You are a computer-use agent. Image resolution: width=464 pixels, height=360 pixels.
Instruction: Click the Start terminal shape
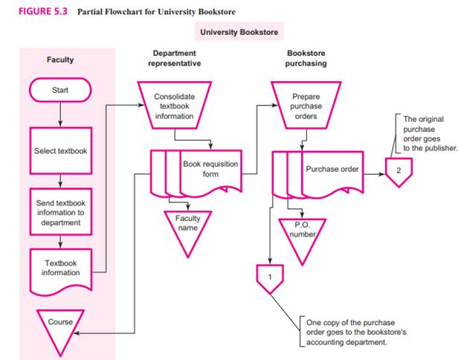click(60, 91)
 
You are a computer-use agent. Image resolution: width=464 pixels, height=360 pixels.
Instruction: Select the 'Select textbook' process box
click(60, 151)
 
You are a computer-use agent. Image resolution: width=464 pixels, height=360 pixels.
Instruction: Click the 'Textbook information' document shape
click(60, 267)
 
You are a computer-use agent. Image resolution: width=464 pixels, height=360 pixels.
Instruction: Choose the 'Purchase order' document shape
click(332, 170)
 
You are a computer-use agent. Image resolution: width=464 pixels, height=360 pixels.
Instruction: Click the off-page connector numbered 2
click(398, 172)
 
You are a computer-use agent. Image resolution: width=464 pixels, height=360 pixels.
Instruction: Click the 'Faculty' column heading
click(60, 60)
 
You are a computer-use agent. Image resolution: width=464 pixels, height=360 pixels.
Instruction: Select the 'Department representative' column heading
click(173, 59)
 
